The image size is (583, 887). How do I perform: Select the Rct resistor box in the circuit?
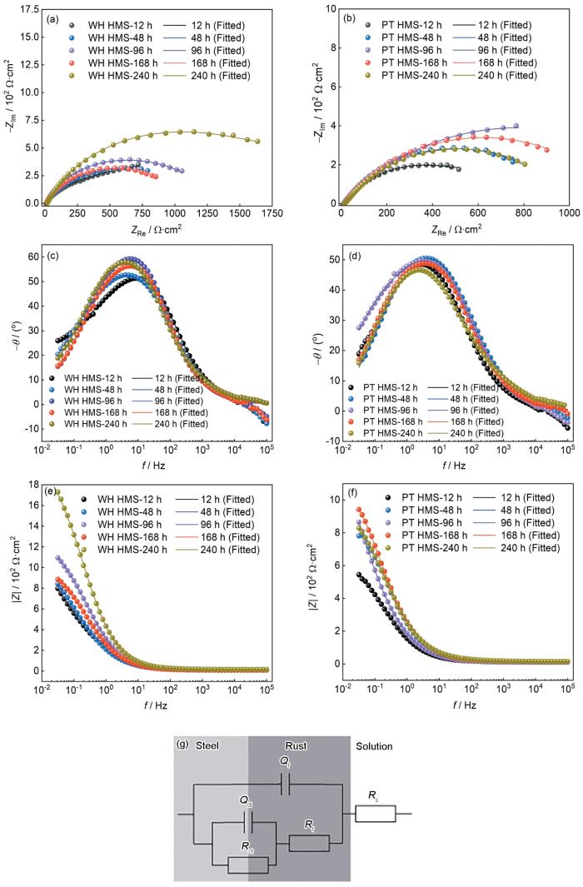pyautogui.click(x=247, y=864)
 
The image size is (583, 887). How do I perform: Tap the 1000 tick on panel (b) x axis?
pyautogui.click(x=569, y=214)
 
